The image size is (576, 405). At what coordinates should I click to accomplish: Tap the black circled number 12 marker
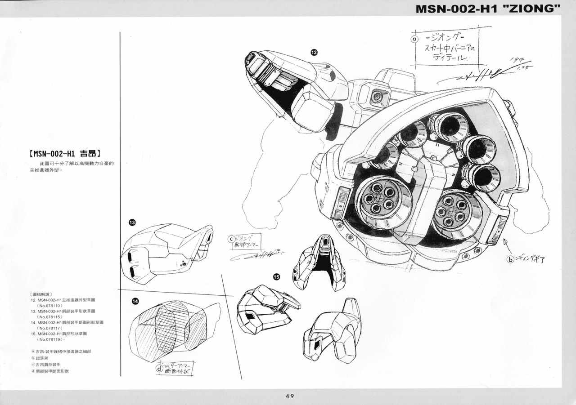click(x=314, y=52)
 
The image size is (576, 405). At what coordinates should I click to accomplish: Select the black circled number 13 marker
click(x=132, y=222)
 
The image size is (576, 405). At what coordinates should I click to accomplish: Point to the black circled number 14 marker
click(x=135, y=301)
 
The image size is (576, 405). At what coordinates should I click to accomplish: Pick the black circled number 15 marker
click(x=276, y=277)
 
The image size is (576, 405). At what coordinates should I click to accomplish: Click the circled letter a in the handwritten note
click(x=414, y=39)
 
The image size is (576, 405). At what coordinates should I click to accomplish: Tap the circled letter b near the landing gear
click(x=510, y=259)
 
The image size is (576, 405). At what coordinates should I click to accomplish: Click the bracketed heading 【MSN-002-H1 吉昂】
click(x=64, y=153)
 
